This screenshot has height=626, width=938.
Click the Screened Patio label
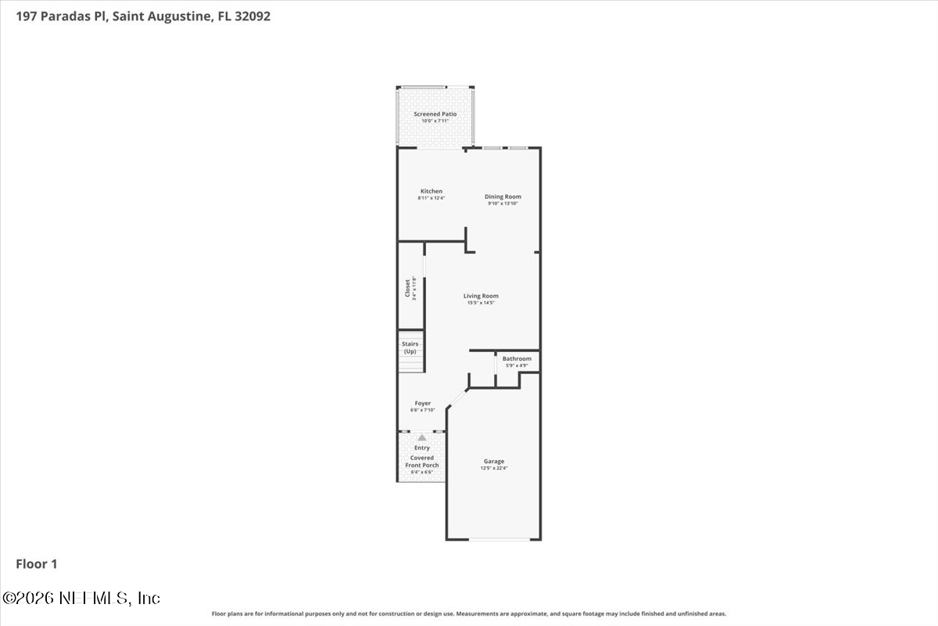435,114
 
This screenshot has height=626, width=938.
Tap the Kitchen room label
431,191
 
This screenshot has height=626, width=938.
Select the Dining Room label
503,196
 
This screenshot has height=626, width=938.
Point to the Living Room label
481,296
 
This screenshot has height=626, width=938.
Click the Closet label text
407,287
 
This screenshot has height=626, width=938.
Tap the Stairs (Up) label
410,347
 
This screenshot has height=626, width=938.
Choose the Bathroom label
517,358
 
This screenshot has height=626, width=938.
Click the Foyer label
422,403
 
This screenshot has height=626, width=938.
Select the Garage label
493,461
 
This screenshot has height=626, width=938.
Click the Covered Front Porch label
422,462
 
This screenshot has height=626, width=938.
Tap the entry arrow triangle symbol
422,438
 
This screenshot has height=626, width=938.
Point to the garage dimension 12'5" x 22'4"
493,469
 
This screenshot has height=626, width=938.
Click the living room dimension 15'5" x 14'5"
481,303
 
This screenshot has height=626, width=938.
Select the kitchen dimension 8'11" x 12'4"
431,198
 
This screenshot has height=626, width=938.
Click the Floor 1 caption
37,563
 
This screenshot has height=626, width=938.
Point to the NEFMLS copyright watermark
81,598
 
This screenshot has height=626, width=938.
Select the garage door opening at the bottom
493,539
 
